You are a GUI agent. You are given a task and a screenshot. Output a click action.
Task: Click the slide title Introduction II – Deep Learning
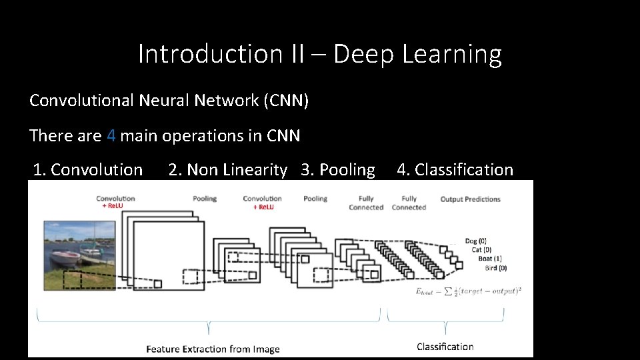(319, 54)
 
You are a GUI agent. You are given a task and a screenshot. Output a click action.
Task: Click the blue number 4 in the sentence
(111, 136)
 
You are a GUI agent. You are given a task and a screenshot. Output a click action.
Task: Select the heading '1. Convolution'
(88, 170)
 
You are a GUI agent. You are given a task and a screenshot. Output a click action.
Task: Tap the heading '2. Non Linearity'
(227, 170)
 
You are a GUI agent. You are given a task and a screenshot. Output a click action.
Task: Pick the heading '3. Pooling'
(338, 170)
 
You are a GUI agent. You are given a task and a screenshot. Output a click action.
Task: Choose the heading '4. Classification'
(455, 170)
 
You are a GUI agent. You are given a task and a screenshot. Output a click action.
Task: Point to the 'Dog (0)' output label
(475, 241)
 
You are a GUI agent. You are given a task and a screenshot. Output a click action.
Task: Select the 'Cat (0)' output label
(481, 250)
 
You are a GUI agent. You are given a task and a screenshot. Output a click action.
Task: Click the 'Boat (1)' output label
(490, 259)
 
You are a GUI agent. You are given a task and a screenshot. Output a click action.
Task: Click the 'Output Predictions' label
(470, 199)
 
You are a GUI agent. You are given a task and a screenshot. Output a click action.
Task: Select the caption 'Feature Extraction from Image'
(213, 349)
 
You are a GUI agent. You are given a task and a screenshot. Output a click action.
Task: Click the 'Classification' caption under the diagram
(445, 346)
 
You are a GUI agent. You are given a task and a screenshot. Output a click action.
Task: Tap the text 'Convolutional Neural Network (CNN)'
(169, 101)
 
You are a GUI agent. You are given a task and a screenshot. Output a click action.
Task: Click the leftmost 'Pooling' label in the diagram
(205, 199)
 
